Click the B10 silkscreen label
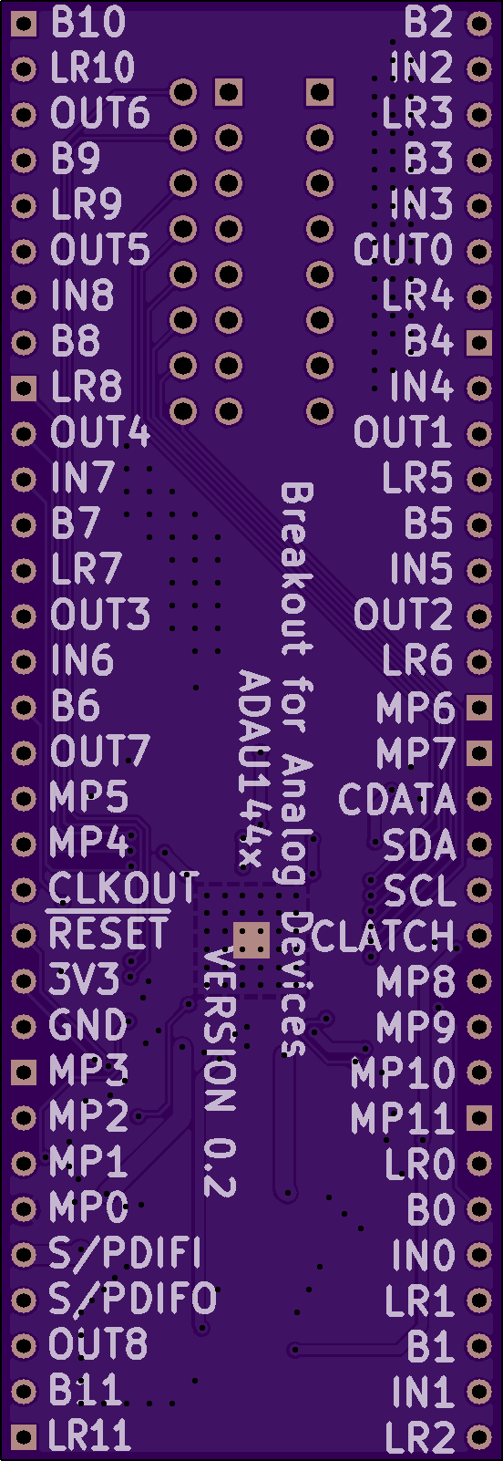[x=88, y=23]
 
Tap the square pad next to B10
[x=24, y=25]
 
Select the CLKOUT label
[x=122, y=888]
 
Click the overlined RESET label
[x=108, y=933]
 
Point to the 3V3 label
[x=85, y=979]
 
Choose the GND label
[x=87, y=1025]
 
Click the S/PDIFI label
[x=125, y=1253]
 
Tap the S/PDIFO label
[x=132, y=1299]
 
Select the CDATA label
[x=396, y=799]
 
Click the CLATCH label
[x=382, y=936]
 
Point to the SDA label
[x=419, y=844]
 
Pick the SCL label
[x=419, y=890]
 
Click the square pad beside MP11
[x=479, y=1118]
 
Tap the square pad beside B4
[x=479, y=342]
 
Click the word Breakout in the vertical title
[x=296, y=569]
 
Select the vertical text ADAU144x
[x=253, y=768]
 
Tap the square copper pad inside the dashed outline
[x=251, y=940]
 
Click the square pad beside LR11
[x=24, y=1436]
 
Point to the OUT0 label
[x=403, y=249]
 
